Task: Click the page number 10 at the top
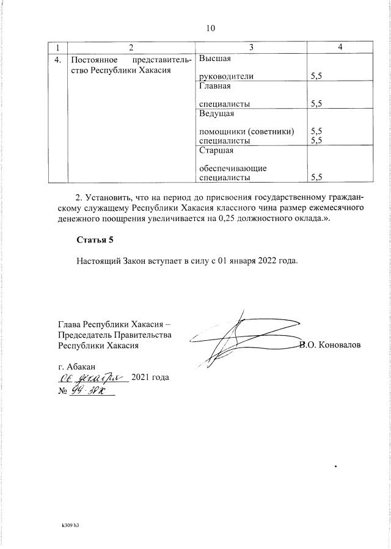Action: [211, 28]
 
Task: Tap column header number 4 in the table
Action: [340, 47]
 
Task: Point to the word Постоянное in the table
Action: [93, 60]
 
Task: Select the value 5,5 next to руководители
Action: [316, 78]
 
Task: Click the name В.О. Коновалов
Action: [331, 345]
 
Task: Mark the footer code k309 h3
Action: [70, 525]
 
